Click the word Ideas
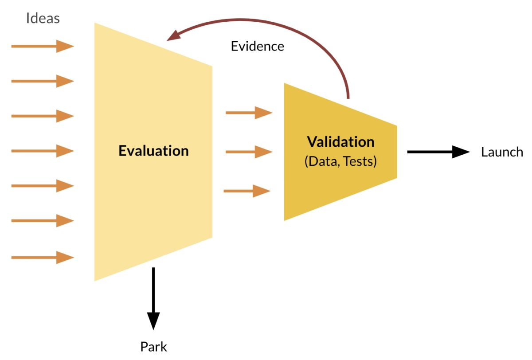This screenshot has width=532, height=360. [x=43, y=18]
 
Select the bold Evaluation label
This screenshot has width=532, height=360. [x=153, y=151]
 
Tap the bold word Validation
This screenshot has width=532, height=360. [x=340, y=142]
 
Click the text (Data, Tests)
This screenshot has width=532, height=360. [x=340, y=161]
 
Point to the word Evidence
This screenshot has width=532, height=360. [x=258, y=46]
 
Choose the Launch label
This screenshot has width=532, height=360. [x=502, y=152]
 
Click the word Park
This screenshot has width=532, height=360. [x=154, y=346]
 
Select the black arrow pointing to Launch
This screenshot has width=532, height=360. [x=438, y=152]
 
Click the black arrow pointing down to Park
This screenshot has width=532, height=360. [x=153, y=297]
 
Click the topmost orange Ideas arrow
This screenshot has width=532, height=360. [x=42, y=46]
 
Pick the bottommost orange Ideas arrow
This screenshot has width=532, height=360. [x=42, y=257]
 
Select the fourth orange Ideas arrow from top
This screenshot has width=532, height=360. [x=42, y=151]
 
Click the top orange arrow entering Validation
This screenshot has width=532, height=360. [x=249, y=113]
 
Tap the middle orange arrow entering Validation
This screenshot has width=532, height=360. [x=249, y=152]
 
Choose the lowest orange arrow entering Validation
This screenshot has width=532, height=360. [x=247, y=191]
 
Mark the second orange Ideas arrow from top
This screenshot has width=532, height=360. [x=42, y=81]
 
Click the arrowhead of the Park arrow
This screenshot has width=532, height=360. [x=153, y=320]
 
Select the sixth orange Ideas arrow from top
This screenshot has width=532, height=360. [x=42, y=220]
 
